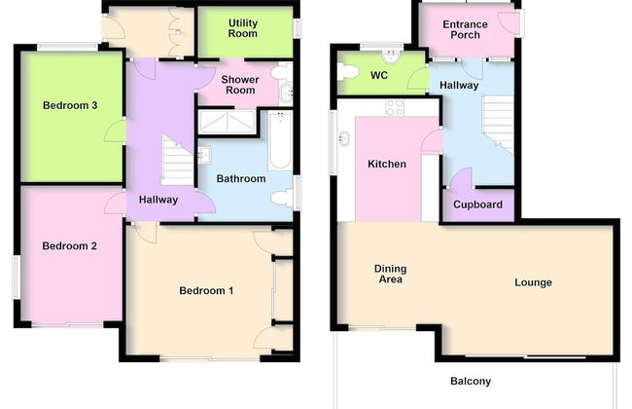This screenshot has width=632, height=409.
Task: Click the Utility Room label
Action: point(243,28)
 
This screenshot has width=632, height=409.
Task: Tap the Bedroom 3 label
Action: point(70,105)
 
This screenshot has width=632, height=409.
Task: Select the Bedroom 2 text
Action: point(69,245)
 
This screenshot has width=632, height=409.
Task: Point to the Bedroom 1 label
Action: point(206,291)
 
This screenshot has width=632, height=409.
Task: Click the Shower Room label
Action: point(240,85)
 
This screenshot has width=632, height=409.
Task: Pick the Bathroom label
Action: point(241,178)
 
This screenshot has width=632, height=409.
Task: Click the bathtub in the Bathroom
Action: point(280,140)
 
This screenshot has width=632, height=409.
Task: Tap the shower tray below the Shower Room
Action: point(228,122)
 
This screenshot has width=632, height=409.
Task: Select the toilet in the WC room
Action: point(347,72)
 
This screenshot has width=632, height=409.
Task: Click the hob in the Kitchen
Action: point(395,108)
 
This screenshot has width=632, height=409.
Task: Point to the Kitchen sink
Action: point(344,139)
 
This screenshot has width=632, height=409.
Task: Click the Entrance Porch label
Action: point(465,29)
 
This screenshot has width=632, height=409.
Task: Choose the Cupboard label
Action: point(477,204)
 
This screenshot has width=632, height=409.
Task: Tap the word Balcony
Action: point(471,381)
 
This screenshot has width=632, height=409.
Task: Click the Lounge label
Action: point(533,282)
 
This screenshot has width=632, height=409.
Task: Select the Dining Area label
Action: point(390,274)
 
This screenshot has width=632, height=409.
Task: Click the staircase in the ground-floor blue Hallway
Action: point(498,123)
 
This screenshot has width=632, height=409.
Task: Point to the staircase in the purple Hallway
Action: point(177,161)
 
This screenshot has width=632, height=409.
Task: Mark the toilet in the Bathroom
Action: point(283,198)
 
